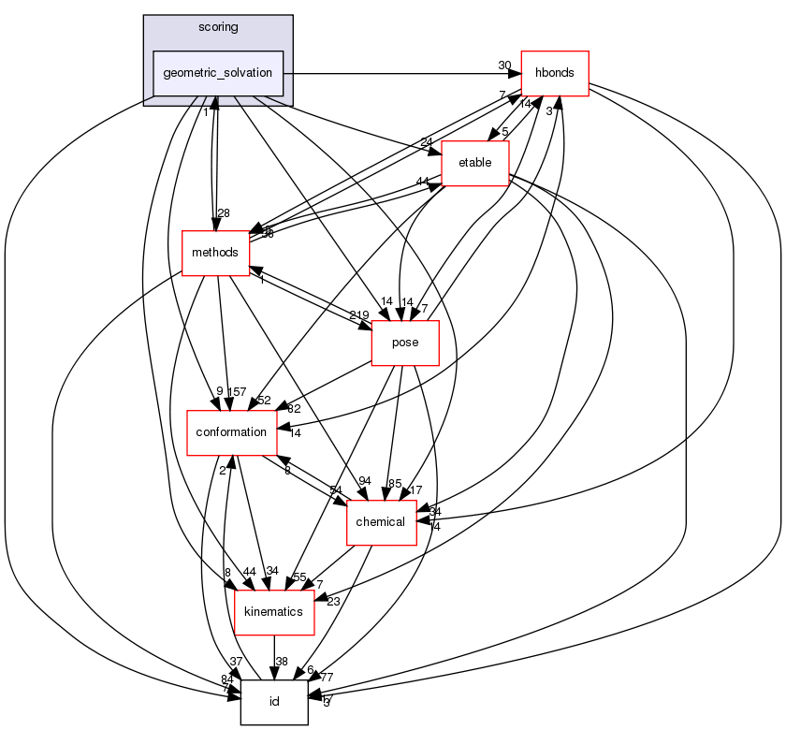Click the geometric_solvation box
click(x=218, y=73)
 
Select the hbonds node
click(x=554, y=73)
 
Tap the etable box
click(x=474, y=163)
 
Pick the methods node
click(x=215, y=253)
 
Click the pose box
click(x=405, y=343)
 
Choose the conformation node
click(x=231, y=432)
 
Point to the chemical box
click(x=381, y=522)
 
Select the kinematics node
click(x=272, y=612)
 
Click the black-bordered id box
click(x=274, y=702)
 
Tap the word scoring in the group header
click(x=218, y=27)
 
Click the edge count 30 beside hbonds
click(x=504, y=65)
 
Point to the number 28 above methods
click(x=224, y=214)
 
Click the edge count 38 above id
click(x=282, y=662)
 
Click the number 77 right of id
click(x=327, y=676)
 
